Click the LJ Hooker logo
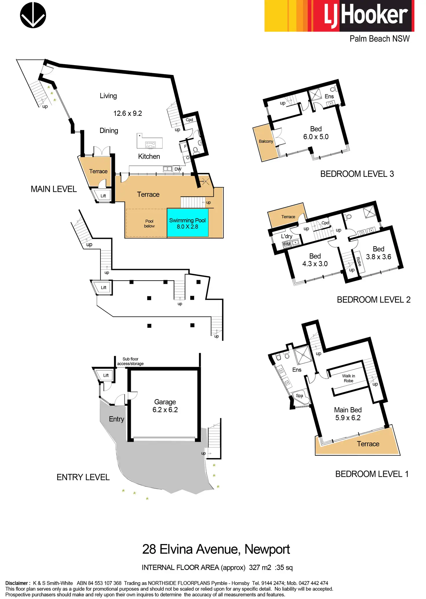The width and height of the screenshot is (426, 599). tap(339, 16)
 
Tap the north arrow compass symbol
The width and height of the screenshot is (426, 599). tap(33, 15)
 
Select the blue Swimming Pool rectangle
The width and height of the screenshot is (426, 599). tap(188, 223)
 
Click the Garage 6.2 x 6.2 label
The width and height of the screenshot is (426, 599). tap(165, 406)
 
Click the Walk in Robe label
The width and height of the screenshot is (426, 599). tap(348, 378)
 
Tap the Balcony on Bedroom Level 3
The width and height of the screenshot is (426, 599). tap(266, 142)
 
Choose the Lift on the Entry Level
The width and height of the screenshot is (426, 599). tap(106, 375)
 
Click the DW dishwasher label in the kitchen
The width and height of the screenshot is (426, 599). tap(178, 169)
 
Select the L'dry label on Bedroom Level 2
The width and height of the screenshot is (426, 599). tap(287, 236)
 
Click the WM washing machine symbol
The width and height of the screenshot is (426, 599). tap(287, 244)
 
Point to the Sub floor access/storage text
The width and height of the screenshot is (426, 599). tap(130, 361)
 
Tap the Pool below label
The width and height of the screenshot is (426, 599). tap(149, 224)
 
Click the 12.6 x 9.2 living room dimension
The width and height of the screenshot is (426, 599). tap(128, 113)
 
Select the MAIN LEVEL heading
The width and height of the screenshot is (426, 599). tap(54, 189)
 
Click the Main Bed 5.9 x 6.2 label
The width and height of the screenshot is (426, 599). tap(348, 414)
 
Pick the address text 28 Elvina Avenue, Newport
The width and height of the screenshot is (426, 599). tap(216, 549)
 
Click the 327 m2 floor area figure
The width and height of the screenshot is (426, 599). tap(260, 567)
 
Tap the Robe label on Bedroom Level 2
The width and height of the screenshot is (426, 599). tap(359, 262)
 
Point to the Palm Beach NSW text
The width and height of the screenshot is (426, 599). tap(379, 39)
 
